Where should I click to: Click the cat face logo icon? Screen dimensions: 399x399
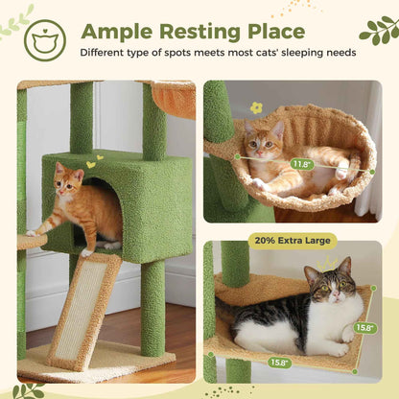tap(44, 39)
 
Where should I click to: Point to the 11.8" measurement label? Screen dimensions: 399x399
tap(302, 164)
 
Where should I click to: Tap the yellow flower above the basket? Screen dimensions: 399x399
tap(256, 107)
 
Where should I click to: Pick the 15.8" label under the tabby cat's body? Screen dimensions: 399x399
tap(279, 363)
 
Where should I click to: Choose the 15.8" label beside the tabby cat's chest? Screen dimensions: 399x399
tap(365, 327)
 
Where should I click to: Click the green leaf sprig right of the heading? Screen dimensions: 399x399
tap(377, 30)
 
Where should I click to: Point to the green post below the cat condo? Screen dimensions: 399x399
tap(153, 307)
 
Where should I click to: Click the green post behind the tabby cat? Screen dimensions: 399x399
tap(235, 265)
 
